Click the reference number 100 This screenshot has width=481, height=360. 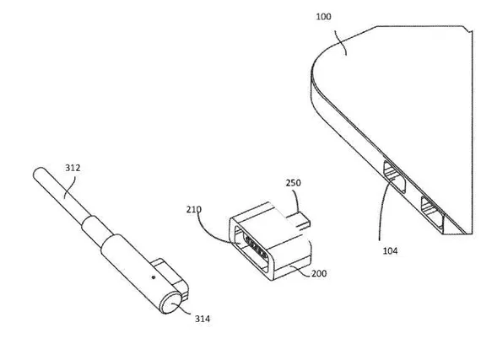(324, 17)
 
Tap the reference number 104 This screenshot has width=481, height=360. (390, 251)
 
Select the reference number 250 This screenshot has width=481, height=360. (294, 183)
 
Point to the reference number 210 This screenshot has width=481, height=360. (194, 210)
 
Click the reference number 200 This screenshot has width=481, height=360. (319, 273)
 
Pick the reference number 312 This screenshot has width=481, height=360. (73, 168)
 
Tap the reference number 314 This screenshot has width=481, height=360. (203, 319)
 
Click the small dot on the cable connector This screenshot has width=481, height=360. (154, 277)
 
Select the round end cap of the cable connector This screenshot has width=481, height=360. (171, 303)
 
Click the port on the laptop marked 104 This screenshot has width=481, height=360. (394, 177)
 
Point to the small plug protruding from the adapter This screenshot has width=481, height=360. (299, 222)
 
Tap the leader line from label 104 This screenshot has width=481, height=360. (382, 208)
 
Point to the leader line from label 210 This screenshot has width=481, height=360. (212, 231)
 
